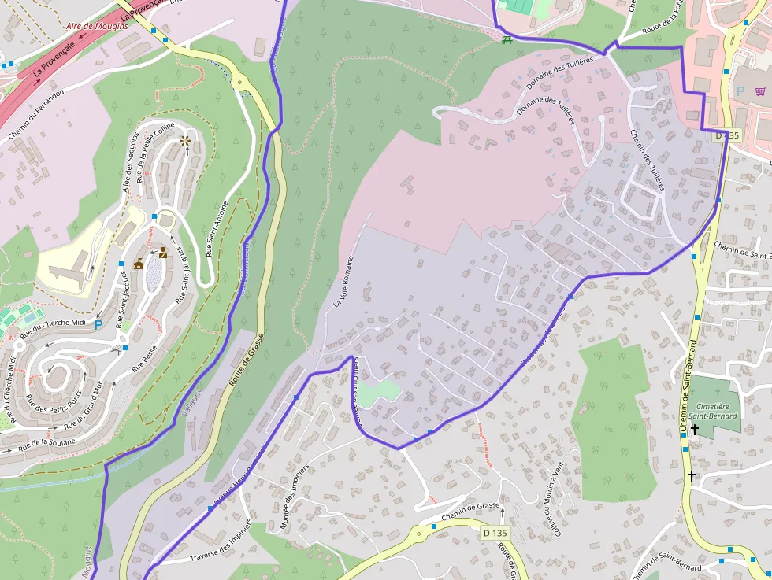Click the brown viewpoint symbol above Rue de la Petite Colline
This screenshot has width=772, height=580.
[186, 141]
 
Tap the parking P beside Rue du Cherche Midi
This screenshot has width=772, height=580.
[98, 324]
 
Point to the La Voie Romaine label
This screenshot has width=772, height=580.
[342, 281]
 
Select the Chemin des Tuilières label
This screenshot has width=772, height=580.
[648, 161]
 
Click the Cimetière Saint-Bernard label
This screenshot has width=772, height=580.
[713, 411]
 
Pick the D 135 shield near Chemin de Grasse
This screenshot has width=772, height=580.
[495, 533]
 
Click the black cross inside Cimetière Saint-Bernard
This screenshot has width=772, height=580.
[694, 429]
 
